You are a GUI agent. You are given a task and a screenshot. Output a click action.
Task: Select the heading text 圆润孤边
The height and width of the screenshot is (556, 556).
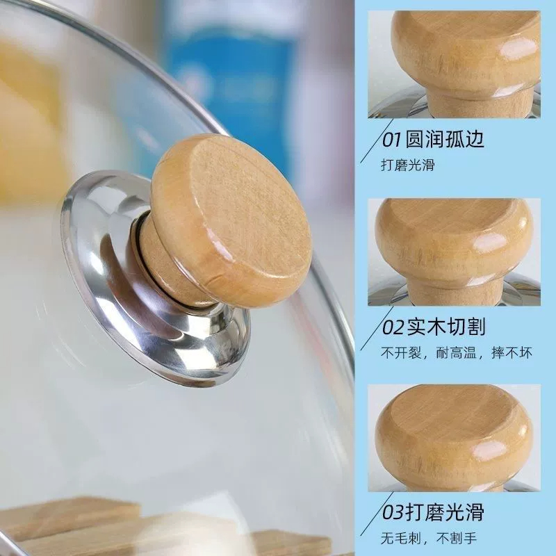[x=449, y=138]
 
